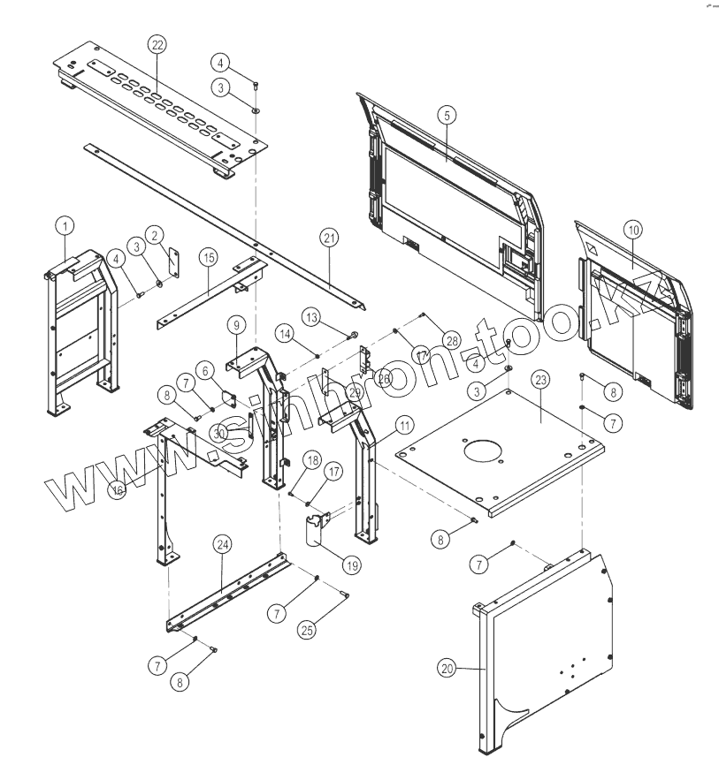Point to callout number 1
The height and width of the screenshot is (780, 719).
[65, 227]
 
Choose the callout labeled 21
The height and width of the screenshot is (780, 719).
[330, 238]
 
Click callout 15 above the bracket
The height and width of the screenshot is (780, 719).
[208, 257]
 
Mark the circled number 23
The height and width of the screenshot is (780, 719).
[541, 379]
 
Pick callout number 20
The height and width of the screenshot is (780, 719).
[447, 668]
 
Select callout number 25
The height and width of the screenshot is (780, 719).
[306, 630]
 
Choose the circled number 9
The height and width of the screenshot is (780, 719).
[236, 325]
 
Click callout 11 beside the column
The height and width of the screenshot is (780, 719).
[404, 426]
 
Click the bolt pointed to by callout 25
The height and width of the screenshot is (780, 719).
[343, 594]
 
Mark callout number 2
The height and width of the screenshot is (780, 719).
[155, 235]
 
